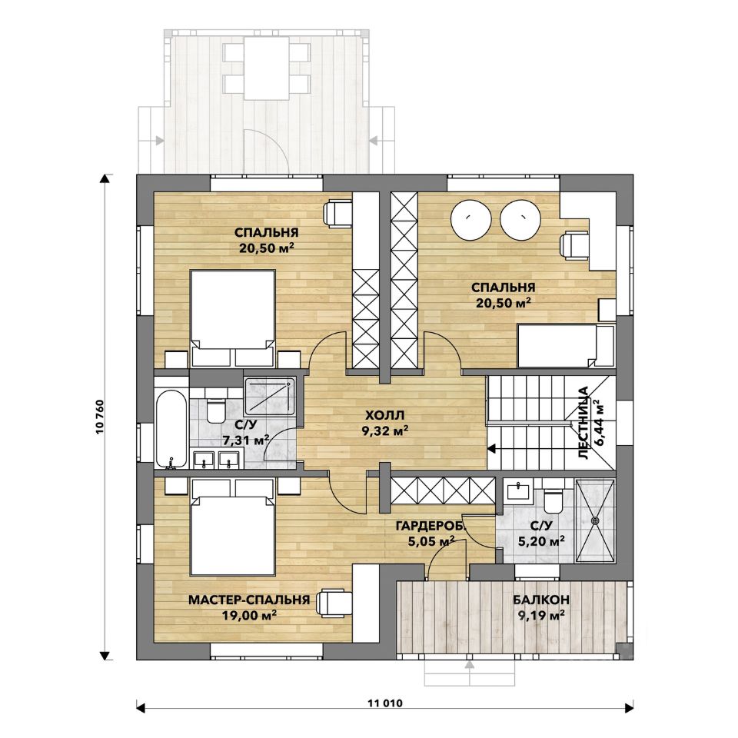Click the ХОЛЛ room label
pos(384,416)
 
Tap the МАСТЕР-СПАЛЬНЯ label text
pos(249,600)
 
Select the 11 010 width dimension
pos(385,703)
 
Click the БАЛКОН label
pos(541,600)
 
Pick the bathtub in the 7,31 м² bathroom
pos(171,429)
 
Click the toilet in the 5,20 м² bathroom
pos(552,501)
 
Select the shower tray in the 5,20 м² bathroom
pos(595,520)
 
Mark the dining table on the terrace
pos(267,68)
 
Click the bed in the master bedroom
pos(232,527)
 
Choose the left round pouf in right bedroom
pos(471,218)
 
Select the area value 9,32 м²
pos(384,430)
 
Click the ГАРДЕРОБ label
pos(430,526)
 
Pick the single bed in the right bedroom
pos(565,345)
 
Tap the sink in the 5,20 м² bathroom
pos(518,491)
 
